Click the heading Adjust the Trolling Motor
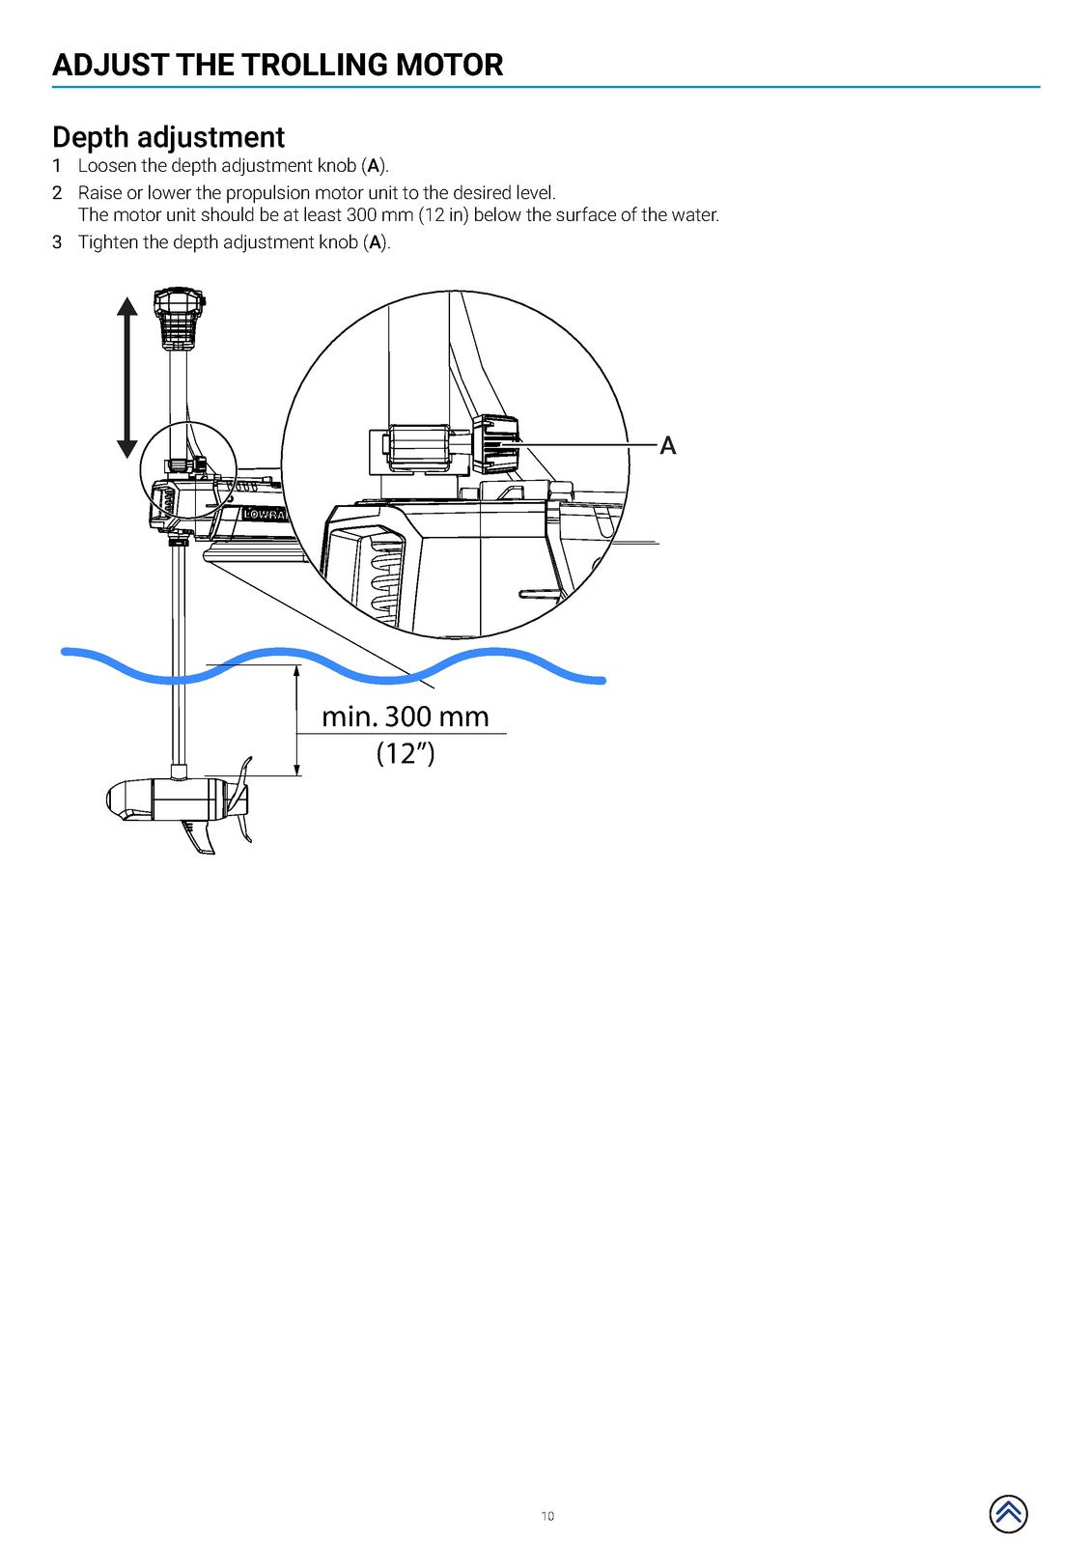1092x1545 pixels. tap(277, 65)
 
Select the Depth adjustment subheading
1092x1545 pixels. tap(168, 136)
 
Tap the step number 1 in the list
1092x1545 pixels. tap(57, 165)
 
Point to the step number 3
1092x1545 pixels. tap(57, 242)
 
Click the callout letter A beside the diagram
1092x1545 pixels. tap(668, 445)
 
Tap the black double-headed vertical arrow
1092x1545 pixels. tap(126, 378)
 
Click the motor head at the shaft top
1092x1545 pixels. tap(180, 320)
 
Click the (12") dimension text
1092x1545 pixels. tap(406, 752)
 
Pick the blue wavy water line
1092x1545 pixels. tap(333, 666)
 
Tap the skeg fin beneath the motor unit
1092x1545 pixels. tap(199, 838)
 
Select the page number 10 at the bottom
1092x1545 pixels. tap(547, 1515)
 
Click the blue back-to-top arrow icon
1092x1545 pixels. tap(1008, 1513)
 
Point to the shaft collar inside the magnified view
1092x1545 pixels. tap(420, 448)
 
